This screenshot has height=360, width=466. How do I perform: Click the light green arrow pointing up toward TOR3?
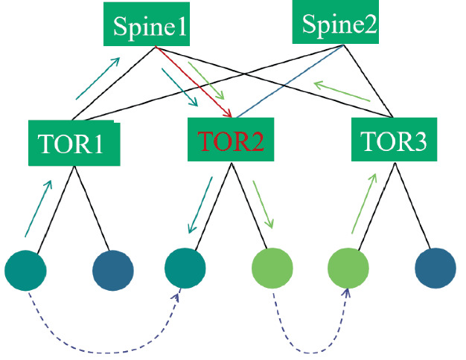tap(364, 201)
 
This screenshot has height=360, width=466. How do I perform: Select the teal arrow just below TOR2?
tap(200, 204)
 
